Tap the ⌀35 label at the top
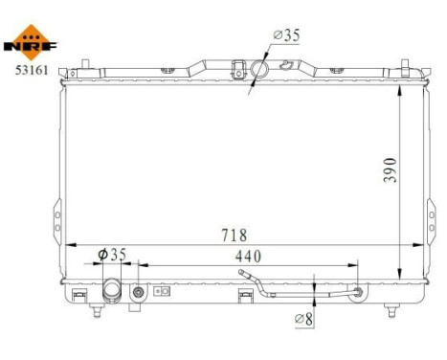click(x=288, y=35)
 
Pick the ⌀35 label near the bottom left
click(x=113, y=255)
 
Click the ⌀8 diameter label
click(x=304, y=318)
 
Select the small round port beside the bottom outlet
click(x=140, y=291)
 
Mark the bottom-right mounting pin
click(x=391, y=309)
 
